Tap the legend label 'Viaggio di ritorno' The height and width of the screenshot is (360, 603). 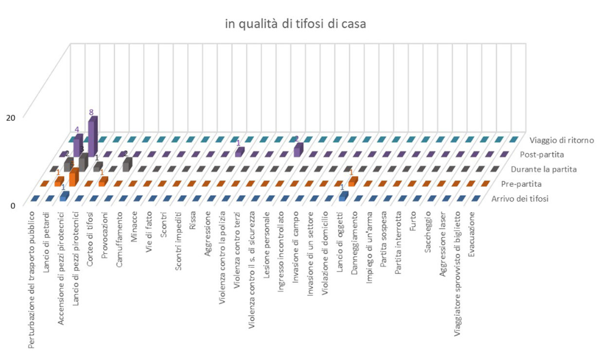pos(561,140)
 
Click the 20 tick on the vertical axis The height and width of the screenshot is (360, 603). pos(10,117)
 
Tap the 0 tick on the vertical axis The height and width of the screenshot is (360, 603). pos(11,206)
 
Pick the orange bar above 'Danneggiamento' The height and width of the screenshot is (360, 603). pos(352,181)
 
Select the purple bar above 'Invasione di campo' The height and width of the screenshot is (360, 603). pos(298,150)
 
